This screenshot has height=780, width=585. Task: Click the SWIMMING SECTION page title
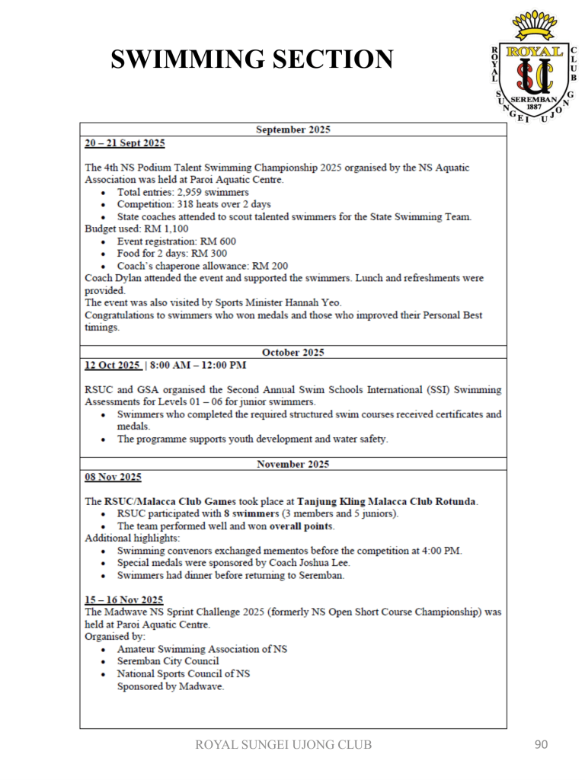click(x=252, y=59)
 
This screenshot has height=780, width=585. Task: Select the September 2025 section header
click(x=293, y=129)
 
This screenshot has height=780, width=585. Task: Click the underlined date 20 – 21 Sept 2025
click(x=124, y=142)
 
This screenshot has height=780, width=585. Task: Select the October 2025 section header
click(x=293, y=352)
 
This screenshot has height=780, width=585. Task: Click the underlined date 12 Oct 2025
click(x=112, y=366)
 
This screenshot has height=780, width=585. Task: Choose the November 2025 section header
click(x=293, y=463)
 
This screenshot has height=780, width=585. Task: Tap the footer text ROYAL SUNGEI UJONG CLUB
click(x=284, y=745)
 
